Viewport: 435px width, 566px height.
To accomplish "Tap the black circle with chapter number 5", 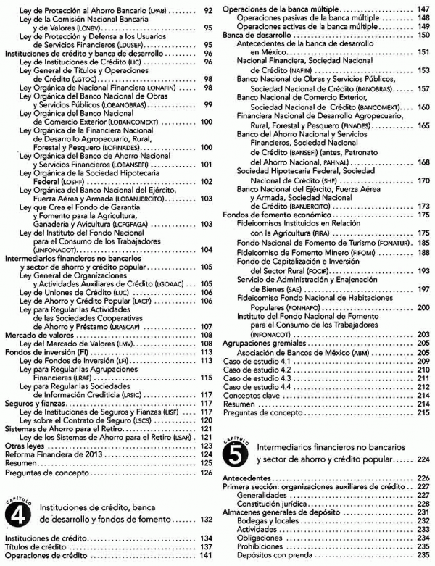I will coord(236,454).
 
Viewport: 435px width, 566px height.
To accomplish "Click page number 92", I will coord(208,10).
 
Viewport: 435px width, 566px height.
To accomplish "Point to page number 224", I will coord(423,459).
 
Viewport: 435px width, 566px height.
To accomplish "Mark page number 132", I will coord(208,519).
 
